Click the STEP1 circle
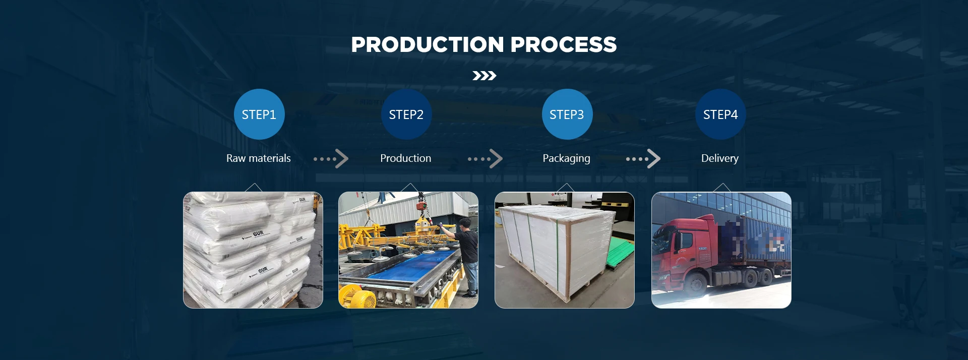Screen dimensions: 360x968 point(259,114)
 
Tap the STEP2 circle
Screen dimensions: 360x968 point(406,114)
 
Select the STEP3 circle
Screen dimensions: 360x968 point(567,114)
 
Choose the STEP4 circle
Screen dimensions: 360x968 point(720,114)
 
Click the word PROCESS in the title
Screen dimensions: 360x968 point(563,44)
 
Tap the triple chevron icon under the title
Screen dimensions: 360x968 point(484,76)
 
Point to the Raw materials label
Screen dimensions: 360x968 point(258,158)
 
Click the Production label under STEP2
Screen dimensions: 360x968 point(405,158)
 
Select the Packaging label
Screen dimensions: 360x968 point(566,158)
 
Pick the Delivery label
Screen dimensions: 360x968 point(719,158)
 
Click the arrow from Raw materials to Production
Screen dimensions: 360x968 point(331,159)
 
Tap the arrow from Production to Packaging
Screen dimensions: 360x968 point(485,159)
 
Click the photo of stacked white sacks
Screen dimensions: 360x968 point(253,250)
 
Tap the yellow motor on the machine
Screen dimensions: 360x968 point(358,297)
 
